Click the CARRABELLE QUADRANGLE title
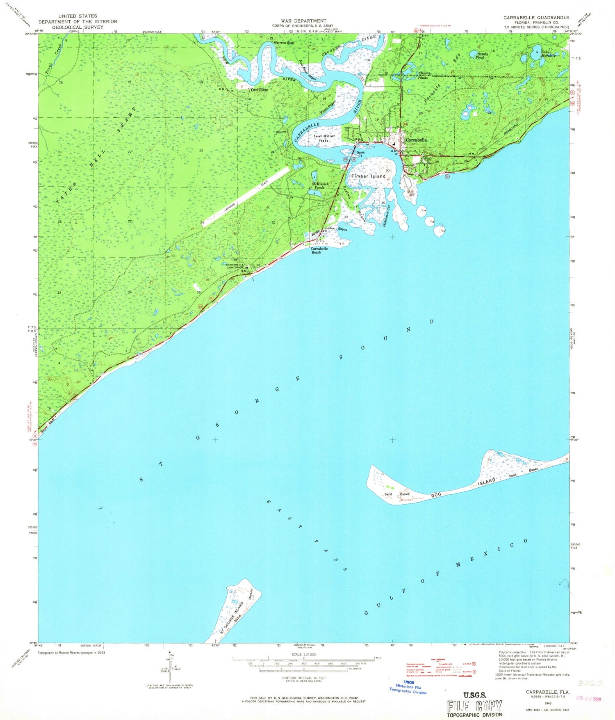click(536, 18)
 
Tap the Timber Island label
click(368, 176)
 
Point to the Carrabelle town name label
click(416, 140)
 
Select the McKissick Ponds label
click(319, 186)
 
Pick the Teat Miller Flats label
click(324, 138)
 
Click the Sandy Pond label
click(482, 55)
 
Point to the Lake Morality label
click(548, 53)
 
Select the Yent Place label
click(259, 89)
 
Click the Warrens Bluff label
click(285, 42)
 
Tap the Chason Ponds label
click(424, 75)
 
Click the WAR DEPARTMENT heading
click(303, 21)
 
